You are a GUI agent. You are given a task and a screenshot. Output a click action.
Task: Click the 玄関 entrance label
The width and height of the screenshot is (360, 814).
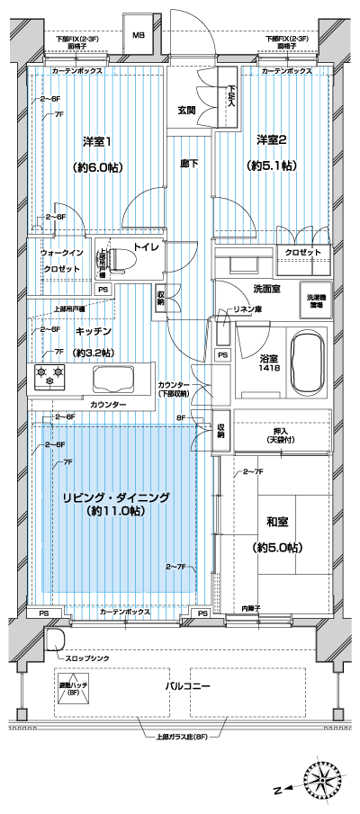click(186, 111)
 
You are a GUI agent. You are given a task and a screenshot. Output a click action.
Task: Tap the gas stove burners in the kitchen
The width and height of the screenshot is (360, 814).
click(49, 375)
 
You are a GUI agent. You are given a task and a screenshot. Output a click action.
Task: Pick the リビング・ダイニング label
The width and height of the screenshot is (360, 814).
click(116, 496)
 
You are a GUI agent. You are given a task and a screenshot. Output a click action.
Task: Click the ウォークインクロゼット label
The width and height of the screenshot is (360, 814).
click(61, 261)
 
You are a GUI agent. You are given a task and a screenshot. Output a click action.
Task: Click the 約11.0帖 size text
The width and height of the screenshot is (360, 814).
click(116, 511)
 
